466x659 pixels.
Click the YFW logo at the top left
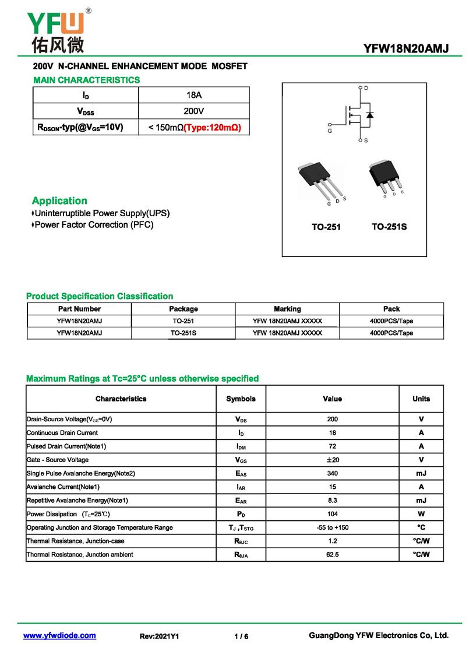tap(57, 31)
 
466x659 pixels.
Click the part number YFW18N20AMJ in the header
tap(406, 49)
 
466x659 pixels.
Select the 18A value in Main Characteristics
tap(193, 95)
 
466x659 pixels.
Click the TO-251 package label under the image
tap(326, 227)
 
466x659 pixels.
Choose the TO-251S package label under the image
tap(389, 227)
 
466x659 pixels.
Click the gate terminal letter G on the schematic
tap(330, 132)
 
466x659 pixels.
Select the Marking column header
tap(287, 309)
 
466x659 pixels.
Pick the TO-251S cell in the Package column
tap(183, 333)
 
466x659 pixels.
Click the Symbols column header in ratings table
tap(241, 399)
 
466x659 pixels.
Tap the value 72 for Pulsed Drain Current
tap(332, 446)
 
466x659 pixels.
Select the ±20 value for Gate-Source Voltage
tap(332, 460)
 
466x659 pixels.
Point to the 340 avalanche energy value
tap(332, 474)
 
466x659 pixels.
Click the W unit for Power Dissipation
tap(421, 514)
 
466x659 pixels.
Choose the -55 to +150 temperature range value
tap(332, 528)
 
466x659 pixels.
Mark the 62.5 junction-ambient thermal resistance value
tap(332, 555)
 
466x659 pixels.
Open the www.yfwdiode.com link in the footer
tap(59, 636)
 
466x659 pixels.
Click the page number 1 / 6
tap(241, 637)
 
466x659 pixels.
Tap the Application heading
tap(59, 200)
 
